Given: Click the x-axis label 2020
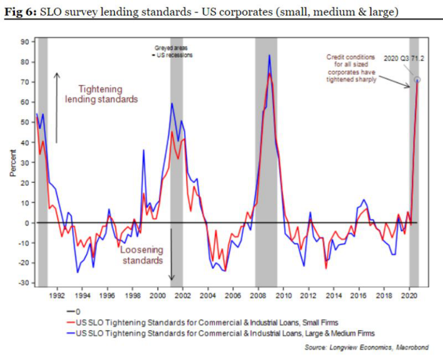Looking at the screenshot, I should coord(409,295).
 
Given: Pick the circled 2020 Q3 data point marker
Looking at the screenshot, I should coord(417,80).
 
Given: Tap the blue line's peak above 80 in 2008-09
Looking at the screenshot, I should coord(269,55).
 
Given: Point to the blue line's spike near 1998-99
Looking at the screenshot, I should coord(143,150).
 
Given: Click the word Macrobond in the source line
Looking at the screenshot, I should coord(413,348).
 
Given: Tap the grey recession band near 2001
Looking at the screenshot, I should coord(176,160).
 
